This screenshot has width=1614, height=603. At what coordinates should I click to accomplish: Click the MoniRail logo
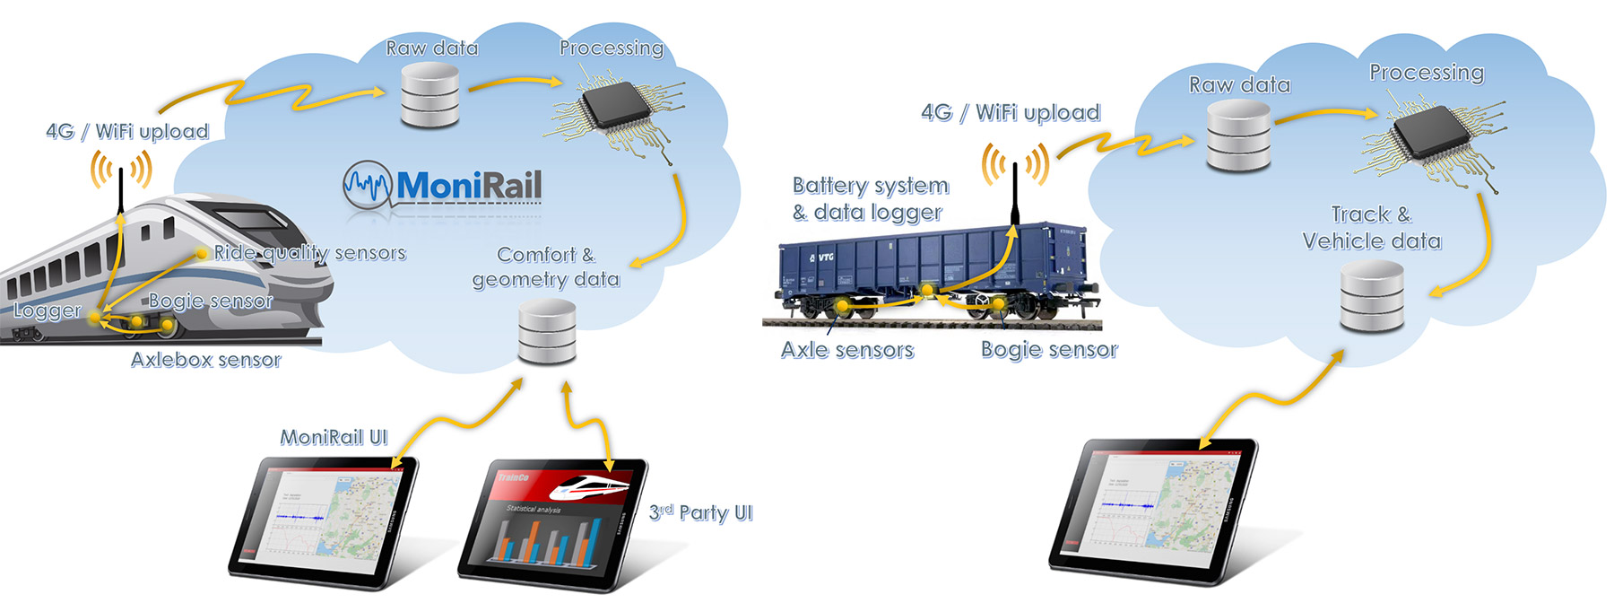click(443, 187)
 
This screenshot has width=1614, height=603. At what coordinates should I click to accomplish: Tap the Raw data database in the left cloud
click(430, 96)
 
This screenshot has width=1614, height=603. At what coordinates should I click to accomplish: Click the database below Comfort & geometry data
click(547, 331)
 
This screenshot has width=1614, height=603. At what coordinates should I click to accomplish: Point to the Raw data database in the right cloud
click(1238, 135)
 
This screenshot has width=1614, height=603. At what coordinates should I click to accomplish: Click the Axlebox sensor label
click(205, 360)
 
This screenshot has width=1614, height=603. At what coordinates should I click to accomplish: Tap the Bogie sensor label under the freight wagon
click(1049, 349)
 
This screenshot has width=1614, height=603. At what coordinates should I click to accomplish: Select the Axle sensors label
click(847, 349)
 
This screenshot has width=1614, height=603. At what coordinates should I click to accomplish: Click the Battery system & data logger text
click(869, 198)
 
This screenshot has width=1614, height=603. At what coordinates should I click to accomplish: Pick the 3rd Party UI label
click(700, 512)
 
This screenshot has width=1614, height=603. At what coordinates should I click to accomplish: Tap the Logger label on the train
click(47, 310)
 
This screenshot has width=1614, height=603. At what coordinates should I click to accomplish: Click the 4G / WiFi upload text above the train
click(127, 131)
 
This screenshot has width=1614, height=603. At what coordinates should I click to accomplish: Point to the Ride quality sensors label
click(309, 253)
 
